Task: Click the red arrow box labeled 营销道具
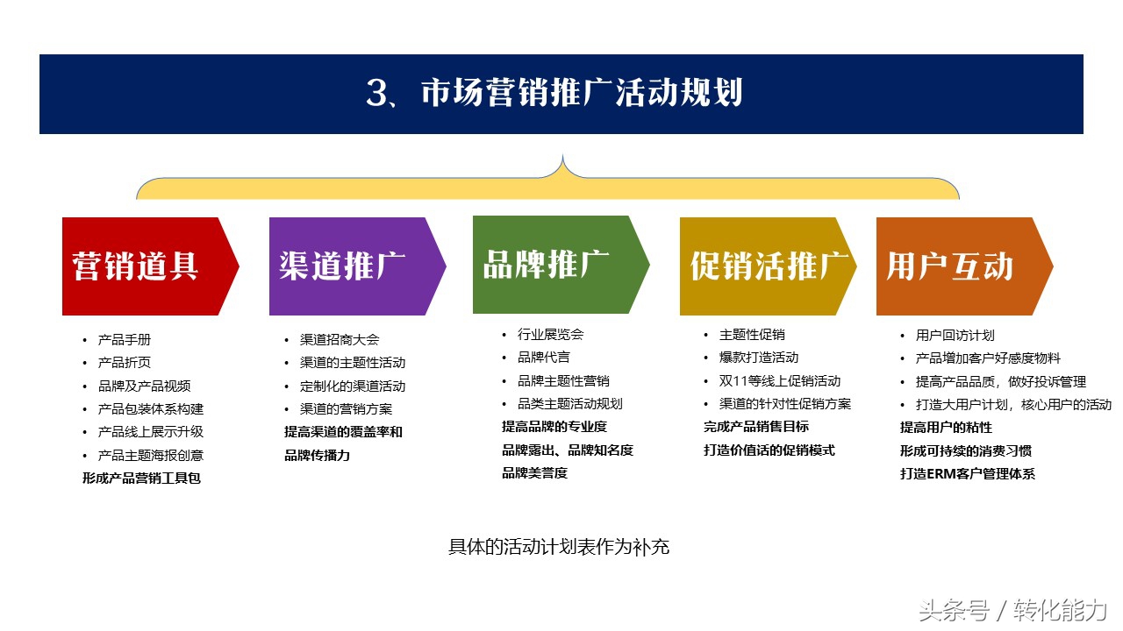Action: [x=140, y=266]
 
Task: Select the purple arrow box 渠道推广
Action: [x=347, y=266]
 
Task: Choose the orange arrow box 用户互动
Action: [x=955, y=266]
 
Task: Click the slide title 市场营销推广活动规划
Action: [x=561, y=94]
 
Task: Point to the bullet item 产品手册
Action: [x=125, y=340]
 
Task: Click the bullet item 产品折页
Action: [x=125, y=363]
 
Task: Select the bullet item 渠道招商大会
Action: [x=339, y=340]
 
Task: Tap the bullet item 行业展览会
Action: [x=550, y=335]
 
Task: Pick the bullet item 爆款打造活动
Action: [x=758, y=358]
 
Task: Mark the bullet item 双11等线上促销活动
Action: [x=779, y=381]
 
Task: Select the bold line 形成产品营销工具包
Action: [x=142, y=479]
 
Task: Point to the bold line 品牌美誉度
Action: [x=534, y=473]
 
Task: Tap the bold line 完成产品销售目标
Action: [x=756, y=427]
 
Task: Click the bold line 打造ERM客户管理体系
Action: [x=967, y=474]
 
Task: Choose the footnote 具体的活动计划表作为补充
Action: [x=559, y=547]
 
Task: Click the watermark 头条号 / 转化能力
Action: [x=1012, y=610]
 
